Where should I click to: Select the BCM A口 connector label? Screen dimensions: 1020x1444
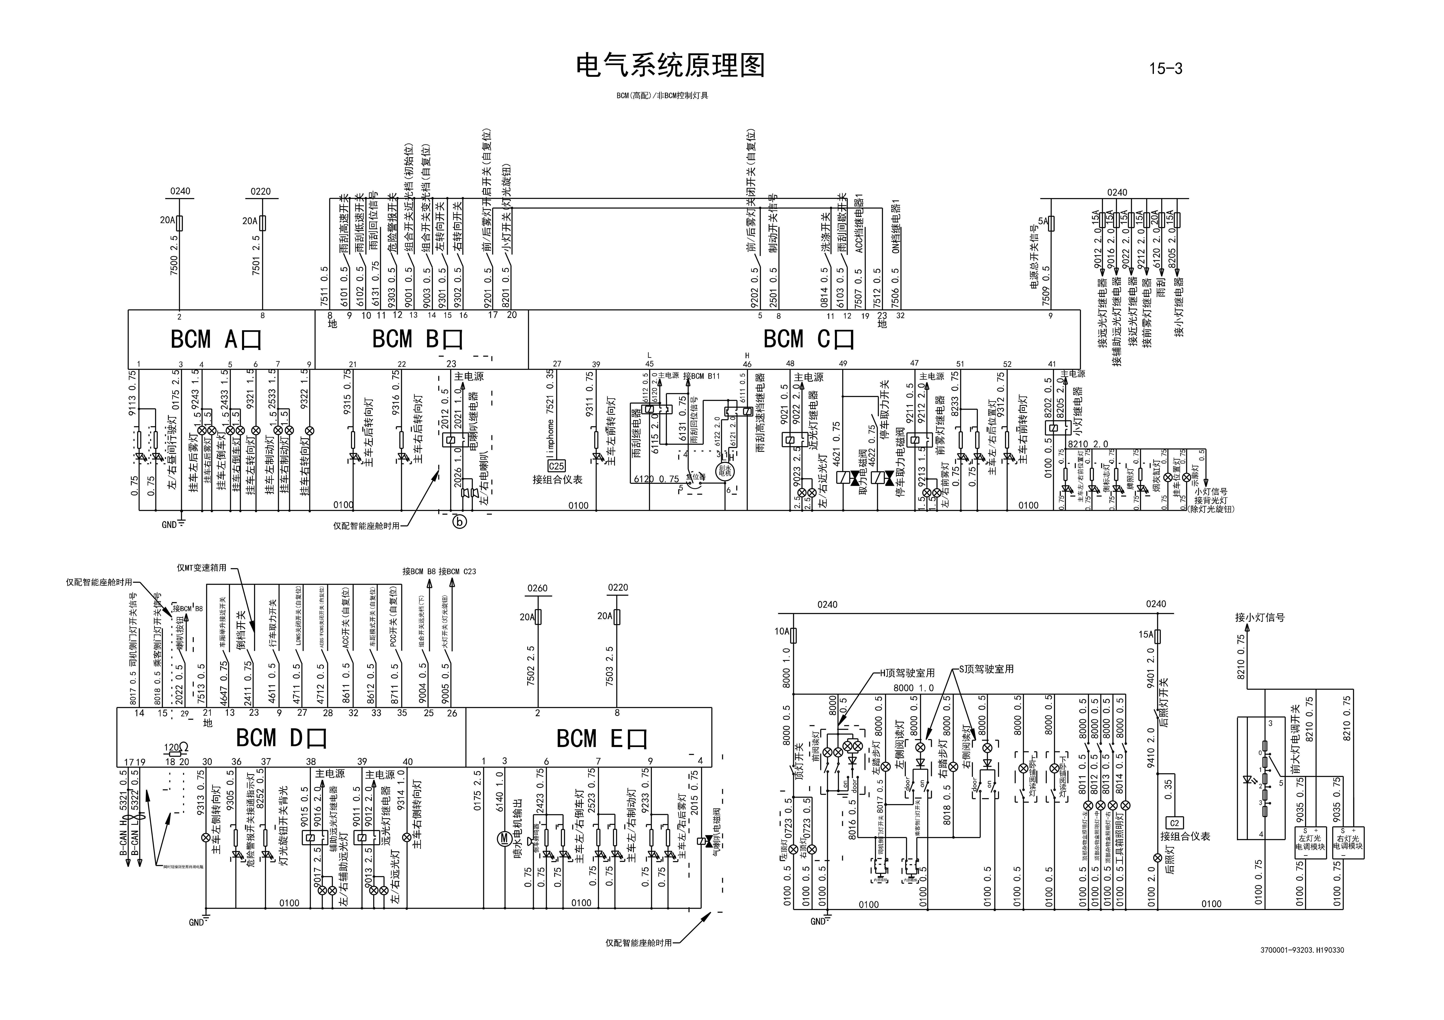point(216,340)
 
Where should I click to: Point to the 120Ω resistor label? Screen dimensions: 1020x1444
point(176,748)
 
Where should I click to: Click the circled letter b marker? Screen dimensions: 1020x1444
point(460,521)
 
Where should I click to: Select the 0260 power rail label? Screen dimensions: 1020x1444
point(537,589)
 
